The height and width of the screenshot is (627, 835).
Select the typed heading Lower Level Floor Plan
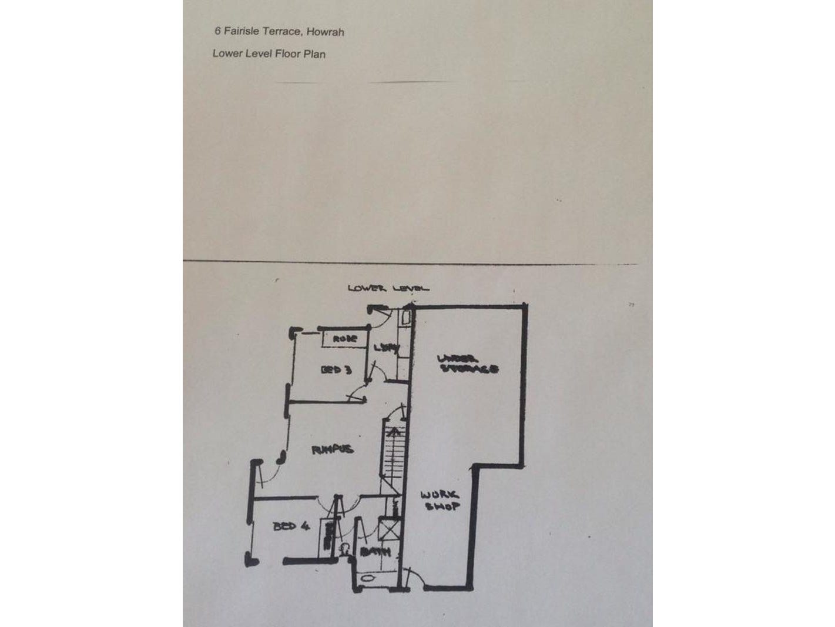pos(269,54)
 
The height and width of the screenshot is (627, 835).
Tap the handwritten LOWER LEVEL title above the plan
pos(388,288)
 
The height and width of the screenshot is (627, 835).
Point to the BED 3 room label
pos(336,370)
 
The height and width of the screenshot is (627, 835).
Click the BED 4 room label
pos(291,527)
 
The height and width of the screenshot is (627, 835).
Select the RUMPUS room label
pos(333,450)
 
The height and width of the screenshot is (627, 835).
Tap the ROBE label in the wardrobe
pos(345,339)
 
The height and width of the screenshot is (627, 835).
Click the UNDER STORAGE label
pos(468,364)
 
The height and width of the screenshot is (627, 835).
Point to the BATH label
pos(375,552)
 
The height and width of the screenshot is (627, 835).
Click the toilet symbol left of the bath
pos(344,549)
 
